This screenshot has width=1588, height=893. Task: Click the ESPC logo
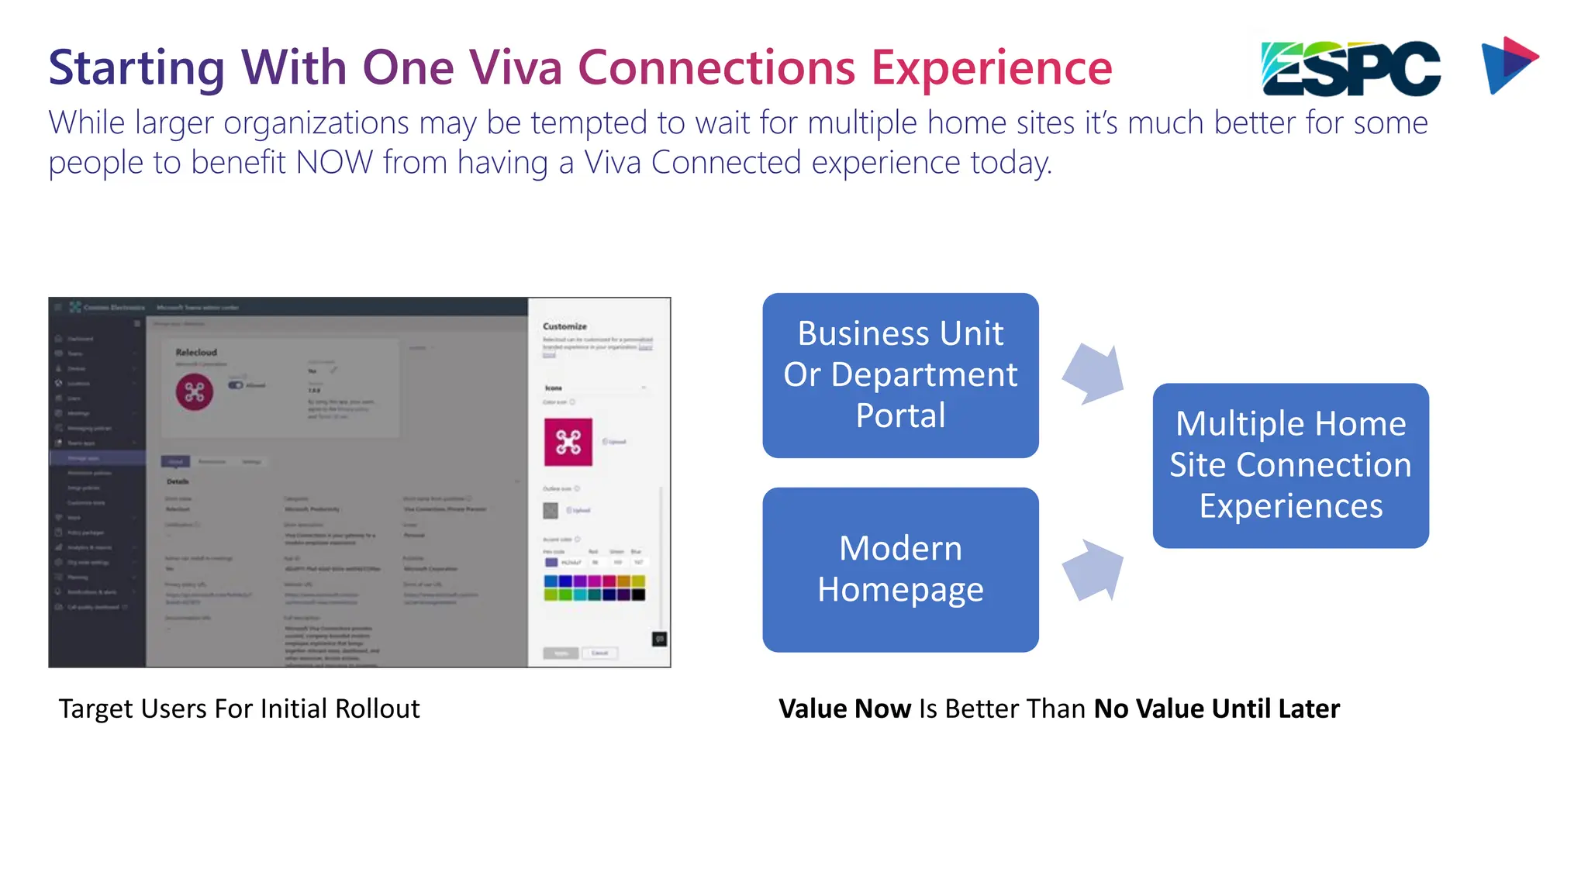(x=1350, y=68)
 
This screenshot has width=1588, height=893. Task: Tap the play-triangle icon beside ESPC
(x=1508, y=65)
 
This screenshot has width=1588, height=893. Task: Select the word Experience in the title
(x=992, y=67)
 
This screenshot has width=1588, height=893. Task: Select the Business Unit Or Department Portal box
(x=900, y=375)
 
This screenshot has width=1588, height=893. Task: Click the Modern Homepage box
(x=900, y=570)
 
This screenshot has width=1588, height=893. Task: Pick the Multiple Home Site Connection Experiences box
(x=1290, y=465)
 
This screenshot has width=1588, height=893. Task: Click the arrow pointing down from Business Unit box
(x=1093, y=374)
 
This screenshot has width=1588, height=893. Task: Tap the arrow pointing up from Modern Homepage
(x=1093, y=570)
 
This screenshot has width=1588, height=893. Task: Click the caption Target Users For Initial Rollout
(x=239, y=709)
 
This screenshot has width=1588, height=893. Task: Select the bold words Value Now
(x=844, y=709)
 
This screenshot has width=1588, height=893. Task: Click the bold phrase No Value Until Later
(x=1217, y=709)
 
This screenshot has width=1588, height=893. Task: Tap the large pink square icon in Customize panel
(x=568, y=442)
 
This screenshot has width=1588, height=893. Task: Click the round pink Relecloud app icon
(x=195, y=392)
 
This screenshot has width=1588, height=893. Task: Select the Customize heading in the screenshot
(x=564, y=326)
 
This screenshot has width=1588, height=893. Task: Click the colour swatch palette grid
(x=595, y=588)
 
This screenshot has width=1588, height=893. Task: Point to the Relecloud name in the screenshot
(x=196, y=352)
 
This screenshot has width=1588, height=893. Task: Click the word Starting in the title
(x=136, y=67)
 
